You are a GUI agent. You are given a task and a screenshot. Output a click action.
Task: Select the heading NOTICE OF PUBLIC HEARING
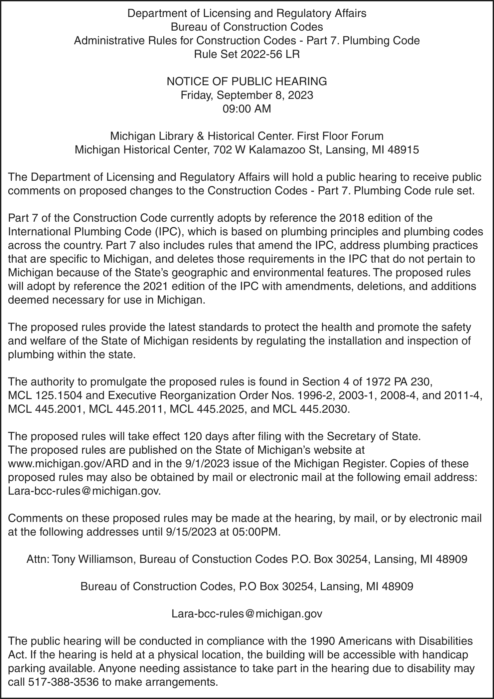247,82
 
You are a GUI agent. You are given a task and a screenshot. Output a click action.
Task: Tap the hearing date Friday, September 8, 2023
247,95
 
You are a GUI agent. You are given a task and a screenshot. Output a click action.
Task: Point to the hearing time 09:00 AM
247,109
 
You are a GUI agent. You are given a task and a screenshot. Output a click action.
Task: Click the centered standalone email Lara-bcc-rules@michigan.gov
247,614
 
